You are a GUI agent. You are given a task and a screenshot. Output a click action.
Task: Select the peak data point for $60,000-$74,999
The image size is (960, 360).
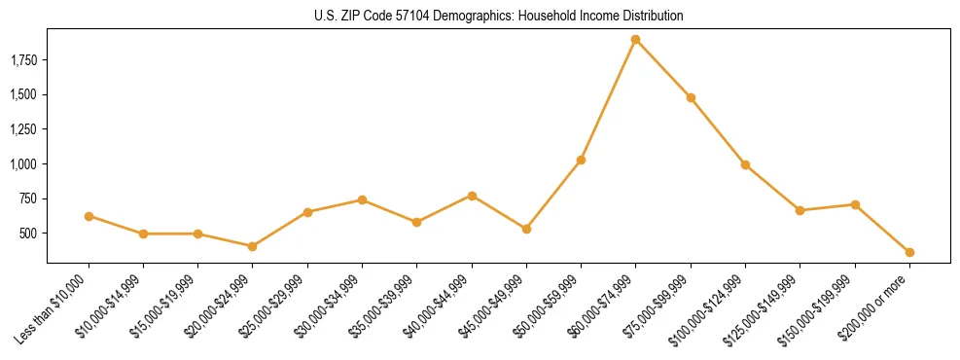635,40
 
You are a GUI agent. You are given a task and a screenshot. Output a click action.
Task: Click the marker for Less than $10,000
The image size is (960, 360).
89,216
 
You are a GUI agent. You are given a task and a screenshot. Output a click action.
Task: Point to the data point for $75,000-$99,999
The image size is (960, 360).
691,97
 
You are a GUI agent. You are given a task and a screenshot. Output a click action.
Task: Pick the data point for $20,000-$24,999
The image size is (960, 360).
253,246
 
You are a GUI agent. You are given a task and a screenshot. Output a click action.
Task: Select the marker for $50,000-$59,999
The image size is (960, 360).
581,160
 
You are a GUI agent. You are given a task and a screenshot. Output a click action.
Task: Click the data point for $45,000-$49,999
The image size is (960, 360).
526,229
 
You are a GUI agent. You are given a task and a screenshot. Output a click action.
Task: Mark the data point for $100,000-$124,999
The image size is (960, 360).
745,164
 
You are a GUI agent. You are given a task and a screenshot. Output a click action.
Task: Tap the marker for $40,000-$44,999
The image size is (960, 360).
472,196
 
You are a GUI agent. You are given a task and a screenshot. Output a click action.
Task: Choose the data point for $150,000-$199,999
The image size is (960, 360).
855,204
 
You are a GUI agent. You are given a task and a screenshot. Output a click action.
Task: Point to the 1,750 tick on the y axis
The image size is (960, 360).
22,60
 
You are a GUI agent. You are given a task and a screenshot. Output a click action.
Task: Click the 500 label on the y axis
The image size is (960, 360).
28,234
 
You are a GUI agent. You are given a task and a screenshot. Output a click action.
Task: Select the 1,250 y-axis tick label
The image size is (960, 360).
22,129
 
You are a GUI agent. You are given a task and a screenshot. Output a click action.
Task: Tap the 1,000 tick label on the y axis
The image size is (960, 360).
22,164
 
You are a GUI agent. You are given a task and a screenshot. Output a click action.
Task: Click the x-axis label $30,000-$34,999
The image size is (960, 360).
331,304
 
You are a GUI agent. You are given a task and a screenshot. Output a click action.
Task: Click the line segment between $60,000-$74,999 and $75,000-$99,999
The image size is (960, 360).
663,69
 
